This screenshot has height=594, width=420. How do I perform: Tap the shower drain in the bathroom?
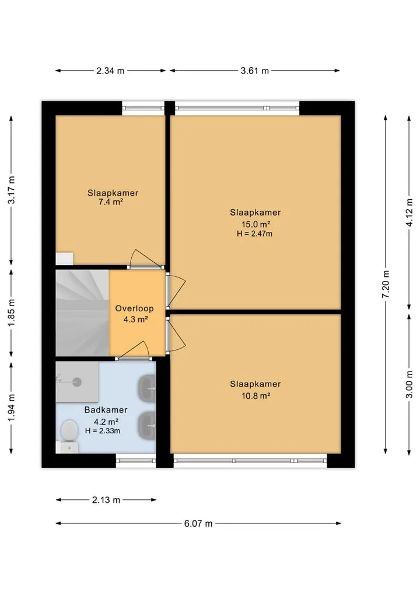[77, 382]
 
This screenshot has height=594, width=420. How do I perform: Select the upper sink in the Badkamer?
[147, 388]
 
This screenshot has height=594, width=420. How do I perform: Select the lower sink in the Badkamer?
[147, 425]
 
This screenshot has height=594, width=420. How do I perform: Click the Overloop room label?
[134, 308]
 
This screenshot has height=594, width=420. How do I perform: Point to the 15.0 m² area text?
[256, 224]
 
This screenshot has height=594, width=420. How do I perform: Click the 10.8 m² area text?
[256, 396]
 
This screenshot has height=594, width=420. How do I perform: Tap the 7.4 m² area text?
[111, 202]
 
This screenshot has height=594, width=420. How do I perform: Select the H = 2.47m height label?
[255, 234]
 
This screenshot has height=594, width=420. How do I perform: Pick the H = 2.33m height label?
[103, 430]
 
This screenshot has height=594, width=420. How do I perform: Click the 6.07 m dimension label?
[198, 523]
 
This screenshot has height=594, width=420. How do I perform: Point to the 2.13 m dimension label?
[106, 500]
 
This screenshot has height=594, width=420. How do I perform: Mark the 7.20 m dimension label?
[386, 284]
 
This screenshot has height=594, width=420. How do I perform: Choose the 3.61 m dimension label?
[255, 71]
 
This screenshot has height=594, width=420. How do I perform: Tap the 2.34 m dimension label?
[110, 71]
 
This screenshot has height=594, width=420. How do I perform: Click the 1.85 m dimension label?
[11, 312]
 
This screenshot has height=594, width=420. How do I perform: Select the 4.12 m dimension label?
[409, 213]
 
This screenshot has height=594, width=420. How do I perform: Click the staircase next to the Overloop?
[82, 313]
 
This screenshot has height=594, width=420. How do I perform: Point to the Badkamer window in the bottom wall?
[135, 461]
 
